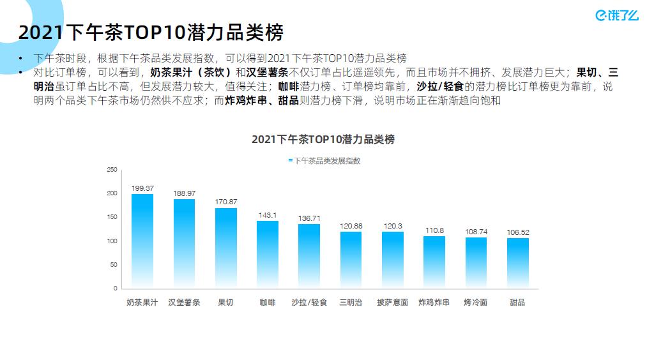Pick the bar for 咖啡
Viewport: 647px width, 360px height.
pyautogui.click(x=268, y=254)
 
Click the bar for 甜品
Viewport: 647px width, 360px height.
pyautogui.click(x=517, y=262)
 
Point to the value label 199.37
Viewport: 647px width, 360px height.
pyautogui.click(x=142, y=188)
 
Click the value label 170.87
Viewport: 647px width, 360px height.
pyautogui.click(x=226, y=202)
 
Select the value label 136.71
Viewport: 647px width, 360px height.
pyautogui.click(x=309, y=218)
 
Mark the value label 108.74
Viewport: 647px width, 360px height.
pyautogui.click(x=476, y=231)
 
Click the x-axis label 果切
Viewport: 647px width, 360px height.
pyautogui.click(x=225, y=302)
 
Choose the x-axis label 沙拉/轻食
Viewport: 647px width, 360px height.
pyautogui.click(x=309, y=302)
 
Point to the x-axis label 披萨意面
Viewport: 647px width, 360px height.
pyautogui.click(x=392, y=302)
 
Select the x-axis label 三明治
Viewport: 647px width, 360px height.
pyautogui.click(x=351, y=302)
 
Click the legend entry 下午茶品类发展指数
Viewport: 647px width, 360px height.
pyautogui.click(x=324, y=161)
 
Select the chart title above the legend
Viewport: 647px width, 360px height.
pyautogui.click(x=323, y=139)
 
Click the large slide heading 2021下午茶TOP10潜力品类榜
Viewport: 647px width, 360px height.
pyautogui.click(x=151, y=32)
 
